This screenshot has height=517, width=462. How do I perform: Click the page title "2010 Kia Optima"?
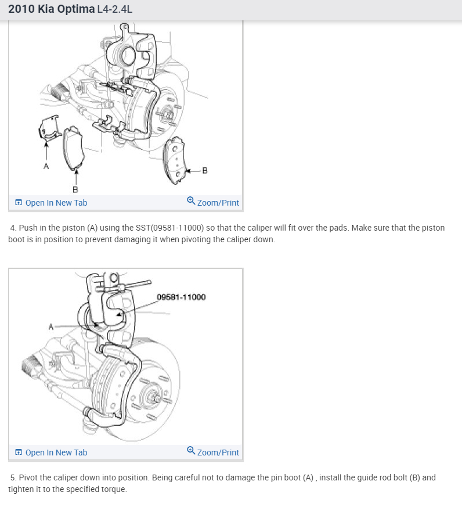pos(51,10)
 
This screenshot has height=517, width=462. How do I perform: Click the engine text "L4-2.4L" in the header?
pos(115,10)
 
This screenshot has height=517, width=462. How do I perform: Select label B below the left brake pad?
pos(75,189)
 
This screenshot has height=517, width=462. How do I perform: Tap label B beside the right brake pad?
pos(204,170)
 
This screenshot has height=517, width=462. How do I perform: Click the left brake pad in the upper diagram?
pos(74,148)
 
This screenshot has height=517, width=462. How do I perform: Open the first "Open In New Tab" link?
pos(56,203)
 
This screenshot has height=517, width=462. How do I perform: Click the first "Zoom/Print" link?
pos(218,203)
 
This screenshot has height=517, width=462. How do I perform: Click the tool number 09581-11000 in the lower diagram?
pos(181,297)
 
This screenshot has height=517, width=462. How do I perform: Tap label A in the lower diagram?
pos(51,327)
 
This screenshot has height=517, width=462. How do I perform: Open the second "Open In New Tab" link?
pos(56,453)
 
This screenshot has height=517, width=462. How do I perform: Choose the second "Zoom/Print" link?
pos(218,453)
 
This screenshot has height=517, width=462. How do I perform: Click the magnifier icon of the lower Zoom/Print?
pos(191,451)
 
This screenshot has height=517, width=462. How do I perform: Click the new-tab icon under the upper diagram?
pos(19,203)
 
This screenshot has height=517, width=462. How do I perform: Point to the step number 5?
pos(13,477)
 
